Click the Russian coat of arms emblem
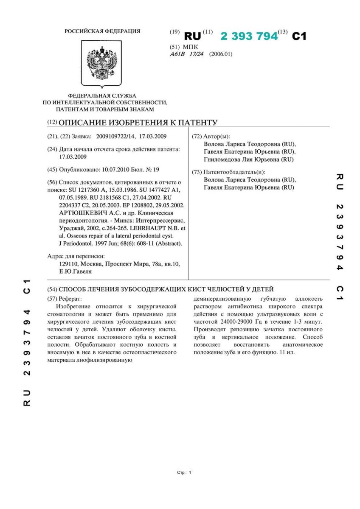pos(102,64)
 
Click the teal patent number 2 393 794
pos(249,36)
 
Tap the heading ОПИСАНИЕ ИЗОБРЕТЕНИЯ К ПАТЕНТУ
pos(138,123)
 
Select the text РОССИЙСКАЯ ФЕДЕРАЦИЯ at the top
pos(102,31)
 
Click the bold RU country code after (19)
pos(192,36)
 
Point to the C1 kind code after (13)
pos(299,36)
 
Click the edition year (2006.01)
pos(221,54)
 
